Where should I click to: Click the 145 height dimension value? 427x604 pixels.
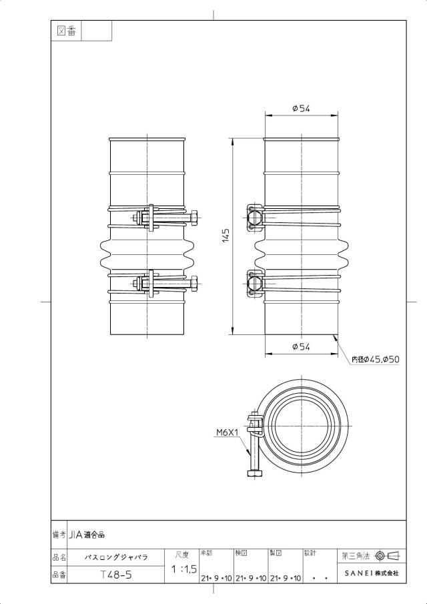coord(226,236)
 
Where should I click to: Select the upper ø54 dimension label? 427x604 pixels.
coord(301,109)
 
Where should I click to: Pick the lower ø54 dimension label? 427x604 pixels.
coord(301,346)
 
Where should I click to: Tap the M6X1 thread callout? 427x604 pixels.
coord(227,432)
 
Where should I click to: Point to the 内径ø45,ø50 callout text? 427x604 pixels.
coord(376,359)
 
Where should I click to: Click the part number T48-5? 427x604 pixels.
coord(116,575)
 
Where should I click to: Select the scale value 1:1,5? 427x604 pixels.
coord(184,569)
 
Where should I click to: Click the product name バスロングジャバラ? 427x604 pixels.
coord(116,557)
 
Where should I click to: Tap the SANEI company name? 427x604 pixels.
coord(371,573)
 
